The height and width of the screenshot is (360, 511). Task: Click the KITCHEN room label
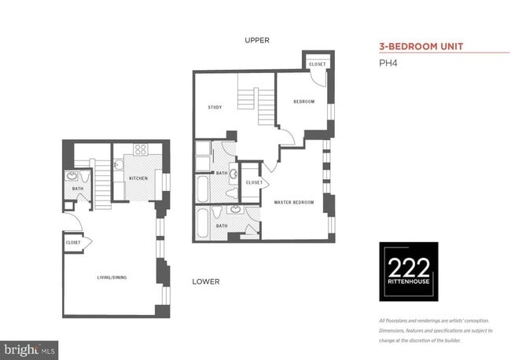coord(138,178)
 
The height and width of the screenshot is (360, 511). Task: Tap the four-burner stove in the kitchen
coord(141,149)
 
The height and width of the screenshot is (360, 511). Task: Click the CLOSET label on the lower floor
coord(74,242)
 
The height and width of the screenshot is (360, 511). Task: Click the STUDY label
coord(215,107)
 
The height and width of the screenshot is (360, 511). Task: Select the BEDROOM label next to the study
coord(304,101)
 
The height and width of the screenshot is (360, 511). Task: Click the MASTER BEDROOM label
coord(294,202)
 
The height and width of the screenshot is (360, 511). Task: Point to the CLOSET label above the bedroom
coord(317,64)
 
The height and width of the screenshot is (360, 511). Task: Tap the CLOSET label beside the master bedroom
coord(253,182)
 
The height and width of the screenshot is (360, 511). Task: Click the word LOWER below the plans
coord(205,281)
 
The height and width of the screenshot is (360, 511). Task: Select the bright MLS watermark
coord(30,347)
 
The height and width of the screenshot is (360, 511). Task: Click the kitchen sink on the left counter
coord(117,165)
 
